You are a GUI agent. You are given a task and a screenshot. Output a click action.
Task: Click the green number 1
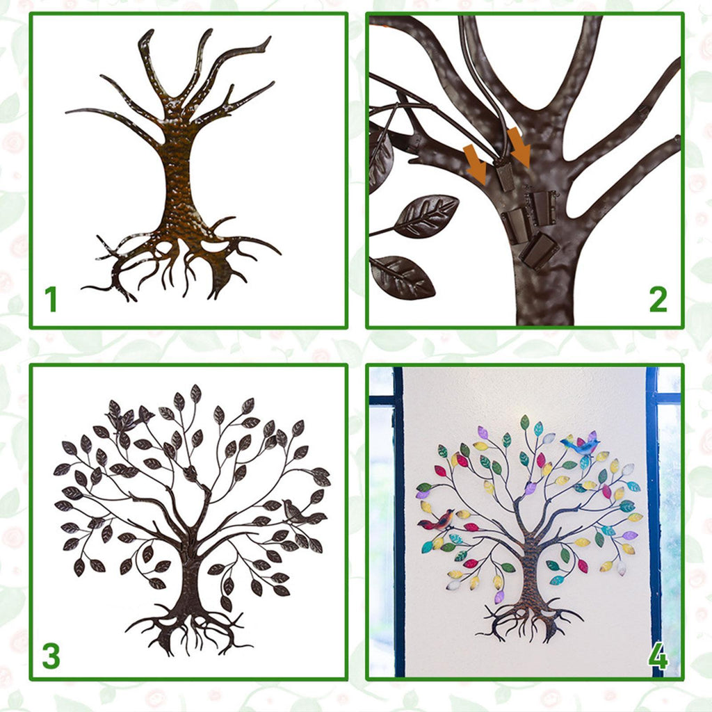pos(51,299)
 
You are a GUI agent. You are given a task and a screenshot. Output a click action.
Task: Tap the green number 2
pos(658,299)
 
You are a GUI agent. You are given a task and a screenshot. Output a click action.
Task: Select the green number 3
pos(51,656)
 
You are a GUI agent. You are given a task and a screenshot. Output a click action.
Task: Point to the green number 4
pos(658,656)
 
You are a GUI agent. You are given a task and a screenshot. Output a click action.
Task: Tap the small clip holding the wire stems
pos(505,175)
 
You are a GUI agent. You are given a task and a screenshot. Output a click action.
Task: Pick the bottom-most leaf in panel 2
pos(403,277)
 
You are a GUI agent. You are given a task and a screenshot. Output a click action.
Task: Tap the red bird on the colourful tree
pos(438,520)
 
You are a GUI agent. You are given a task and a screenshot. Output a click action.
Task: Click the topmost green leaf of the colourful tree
pos(524,422)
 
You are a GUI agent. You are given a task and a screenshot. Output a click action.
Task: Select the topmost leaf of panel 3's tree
pos(195,394)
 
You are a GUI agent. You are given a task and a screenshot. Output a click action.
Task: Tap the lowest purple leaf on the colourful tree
pos(499,596)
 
